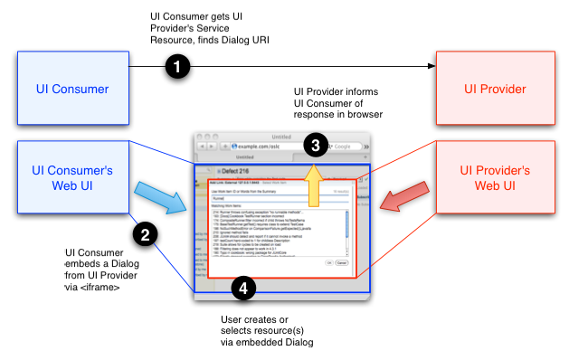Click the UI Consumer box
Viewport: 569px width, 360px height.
[x=72, y=89]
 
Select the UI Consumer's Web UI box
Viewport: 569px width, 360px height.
[x=72, y=177]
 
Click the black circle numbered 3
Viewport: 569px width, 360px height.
[x=315, y=144]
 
